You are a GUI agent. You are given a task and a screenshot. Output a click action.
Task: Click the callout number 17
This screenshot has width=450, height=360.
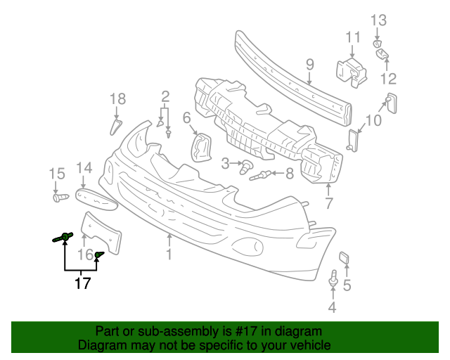point(84,283)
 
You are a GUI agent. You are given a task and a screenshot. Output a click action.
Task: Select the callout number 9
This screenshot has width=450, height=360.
point(309,66)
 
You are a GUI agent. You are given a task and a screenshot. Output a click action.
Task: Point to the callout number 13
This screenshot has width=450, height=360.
point(378,20)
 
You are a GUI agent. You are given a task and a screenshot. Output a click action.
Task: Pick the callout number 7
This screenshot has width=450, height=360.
point(328,204)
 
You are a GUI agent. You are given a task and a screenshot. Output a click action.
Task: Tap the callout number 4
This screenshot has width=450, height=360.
point(332,308)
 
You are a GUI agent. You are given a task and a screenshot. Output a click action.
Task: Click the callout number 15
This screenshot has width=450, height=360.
point(56,174)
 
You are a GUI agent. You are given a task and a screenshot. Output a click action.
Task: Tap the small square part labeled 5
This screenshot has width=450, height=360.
point(345,258)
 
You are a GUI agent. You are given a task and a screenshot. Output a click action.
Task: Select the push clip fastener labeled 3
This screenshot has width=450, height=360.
point(246,167)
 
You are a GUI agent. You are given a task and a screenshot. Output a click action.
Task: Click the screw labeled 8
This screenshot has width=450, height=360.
point(262,174)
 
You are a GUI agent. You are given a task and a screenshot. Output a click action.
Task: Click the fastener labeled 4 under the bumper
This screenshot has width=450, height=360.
point(332,280)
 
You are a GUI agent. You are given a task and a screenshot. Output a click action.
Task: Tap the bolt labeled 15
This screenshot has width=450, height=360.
point(59,198)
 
